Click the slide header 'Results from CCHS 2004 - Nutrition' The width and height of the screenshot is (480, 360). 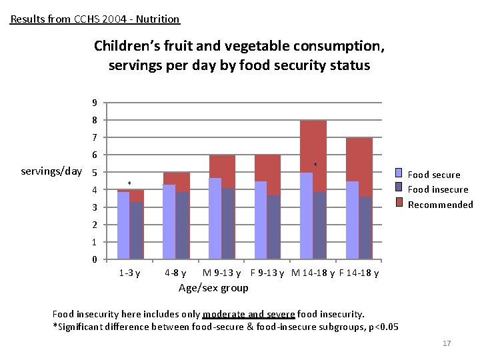click(95, 19)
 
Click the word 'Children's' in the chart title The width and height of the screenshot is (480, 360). click(125, 46)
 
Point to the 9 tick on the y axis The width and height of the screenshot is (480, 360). click(95, 103)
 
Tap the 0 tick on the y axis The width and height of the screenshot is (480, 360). click(95, 259)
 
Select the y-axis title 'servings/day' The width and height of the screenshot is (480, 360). click(51, 171)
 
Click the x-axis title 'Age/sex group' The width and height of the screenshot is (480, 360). click(213, 287)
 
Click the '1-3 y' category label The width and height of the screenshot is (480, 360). click(129, 273)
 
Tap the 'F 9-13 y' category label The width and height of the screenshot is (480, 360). click(267, 273)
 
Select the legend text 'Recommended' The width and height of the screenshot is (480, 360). click(440, 205)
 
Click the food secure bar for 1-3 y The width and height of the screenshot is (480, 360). click(123, 225)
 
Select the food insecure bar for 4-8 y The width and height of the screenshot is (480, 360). click(183, 225)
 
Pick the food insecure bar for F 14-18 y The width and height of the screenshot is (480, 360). click(365, 227)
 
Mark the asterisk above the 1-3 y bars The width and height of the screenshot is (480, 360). click(130, 183)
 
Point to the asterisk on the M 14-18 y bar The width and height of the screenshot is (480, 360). click(315, 165)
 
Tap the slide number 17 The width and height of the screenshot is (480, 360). click(447, 343)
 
